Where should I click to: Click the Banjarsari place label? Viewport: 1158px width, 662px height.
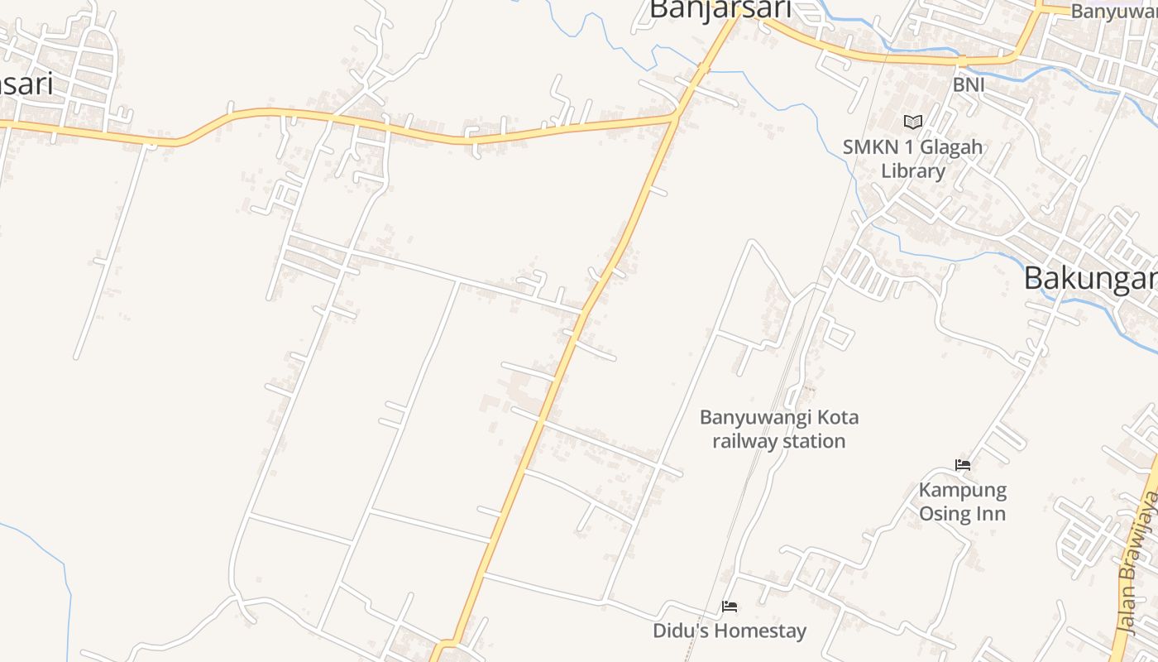720,9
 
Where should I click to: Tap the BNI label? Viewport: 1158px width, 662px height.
969,84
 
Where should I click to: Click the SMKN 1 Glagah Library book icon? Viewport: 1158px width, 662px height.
912,122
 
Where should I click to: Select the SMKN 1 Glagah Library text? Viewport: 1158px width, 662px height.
912,159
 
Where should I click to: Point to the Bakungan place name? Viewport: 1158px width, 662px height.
1090,279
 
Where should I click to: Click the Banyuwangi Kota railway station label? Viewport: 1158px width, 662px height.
779,429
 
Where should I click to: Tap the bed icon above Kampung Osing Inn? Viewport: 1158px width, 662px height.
962,465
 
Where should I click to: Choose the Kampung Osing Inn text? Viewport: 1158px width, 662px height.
963,501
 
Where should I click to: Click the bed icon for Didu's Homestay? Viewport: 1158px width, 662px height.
729,607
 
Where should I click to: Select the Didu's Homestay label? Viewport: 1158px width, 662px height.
729,631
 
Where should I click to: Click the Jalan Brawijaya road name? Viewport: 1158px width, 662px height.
1137,563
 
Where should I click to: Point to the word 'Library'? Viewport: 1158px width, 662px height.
912,171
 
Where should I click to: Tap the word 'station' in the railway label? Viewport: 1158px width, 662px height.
814,441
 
